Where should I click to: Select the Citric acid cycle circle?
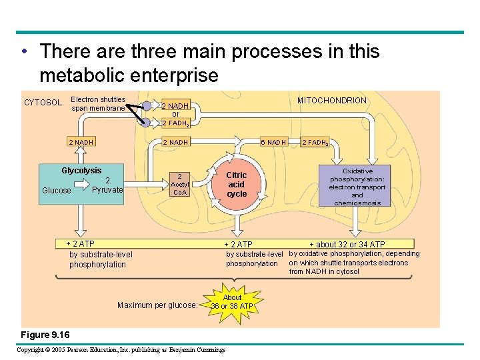pos(237,184)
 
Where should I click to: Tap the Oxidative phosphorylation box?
pos(357,186)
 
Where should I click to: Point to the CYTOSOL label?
pos(43,103)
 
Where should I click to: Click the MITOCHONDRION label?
pos(331,101)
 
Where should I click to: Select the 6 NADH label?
pos(273,142)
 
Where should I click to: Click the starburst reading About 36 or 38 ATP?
pos(232,302)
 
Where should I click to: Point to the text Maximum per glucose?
pos(157,305)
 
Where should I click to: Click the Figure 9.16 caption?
pos(45,334)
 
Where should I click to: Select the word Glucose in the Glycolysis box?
pos(56,191)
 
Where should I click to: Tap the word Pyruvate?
pos(107,190)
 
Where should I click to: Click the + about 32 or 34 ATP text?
pos(347,245)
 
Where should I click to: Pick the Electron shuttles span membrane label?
pos(98,103)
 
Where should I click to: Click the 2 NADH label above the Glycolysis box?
pos(81,142)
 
